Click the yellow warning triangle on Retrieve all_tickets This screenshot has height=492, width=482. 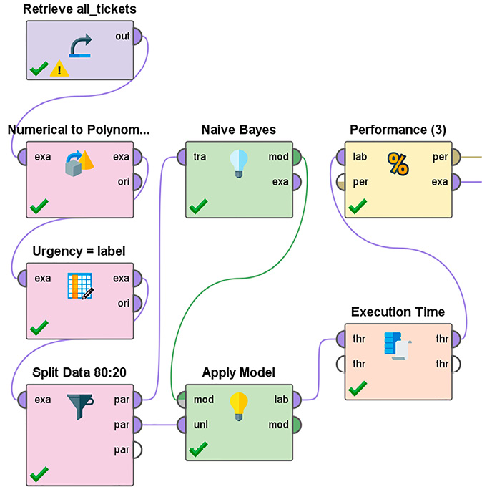point(60,69)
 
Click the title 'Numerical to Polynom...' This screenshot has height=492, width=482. point(79,130)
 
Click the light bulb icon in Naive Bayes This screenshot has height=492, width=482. point(238,163)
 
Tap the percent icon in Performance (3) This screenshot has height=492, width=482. point(398,164)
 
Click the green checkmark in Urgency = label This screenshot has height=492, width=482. point(39,328)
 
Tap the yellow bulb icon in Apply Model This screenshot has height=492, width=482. point(239,406)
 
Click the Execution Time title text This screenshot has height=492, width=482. point(398,312)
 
